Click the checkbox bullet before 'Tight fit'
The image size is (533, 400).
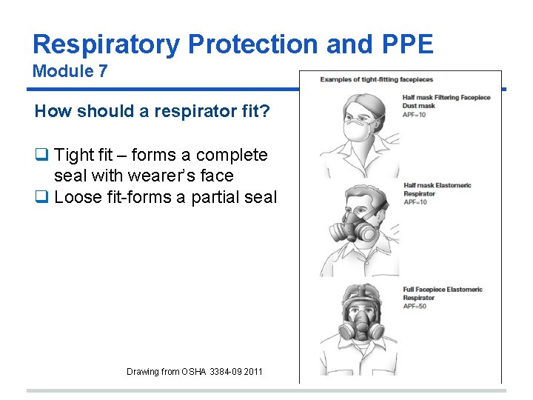coord(41,156)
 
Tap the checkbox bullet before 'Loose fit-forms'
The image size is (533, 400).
coord(41,197)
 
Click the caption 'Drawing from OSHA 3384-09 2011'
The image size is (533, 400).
coord(194,372)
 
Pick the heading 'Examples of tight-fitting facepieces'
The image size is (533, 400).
coord(377,79)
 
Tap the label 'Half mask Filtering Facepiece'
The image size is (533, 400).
coord(447,97)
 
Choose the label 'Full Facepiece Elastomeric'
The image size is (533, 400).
coord(443,290)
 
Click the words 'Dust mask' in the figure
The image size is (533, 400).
coord(420,106)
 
